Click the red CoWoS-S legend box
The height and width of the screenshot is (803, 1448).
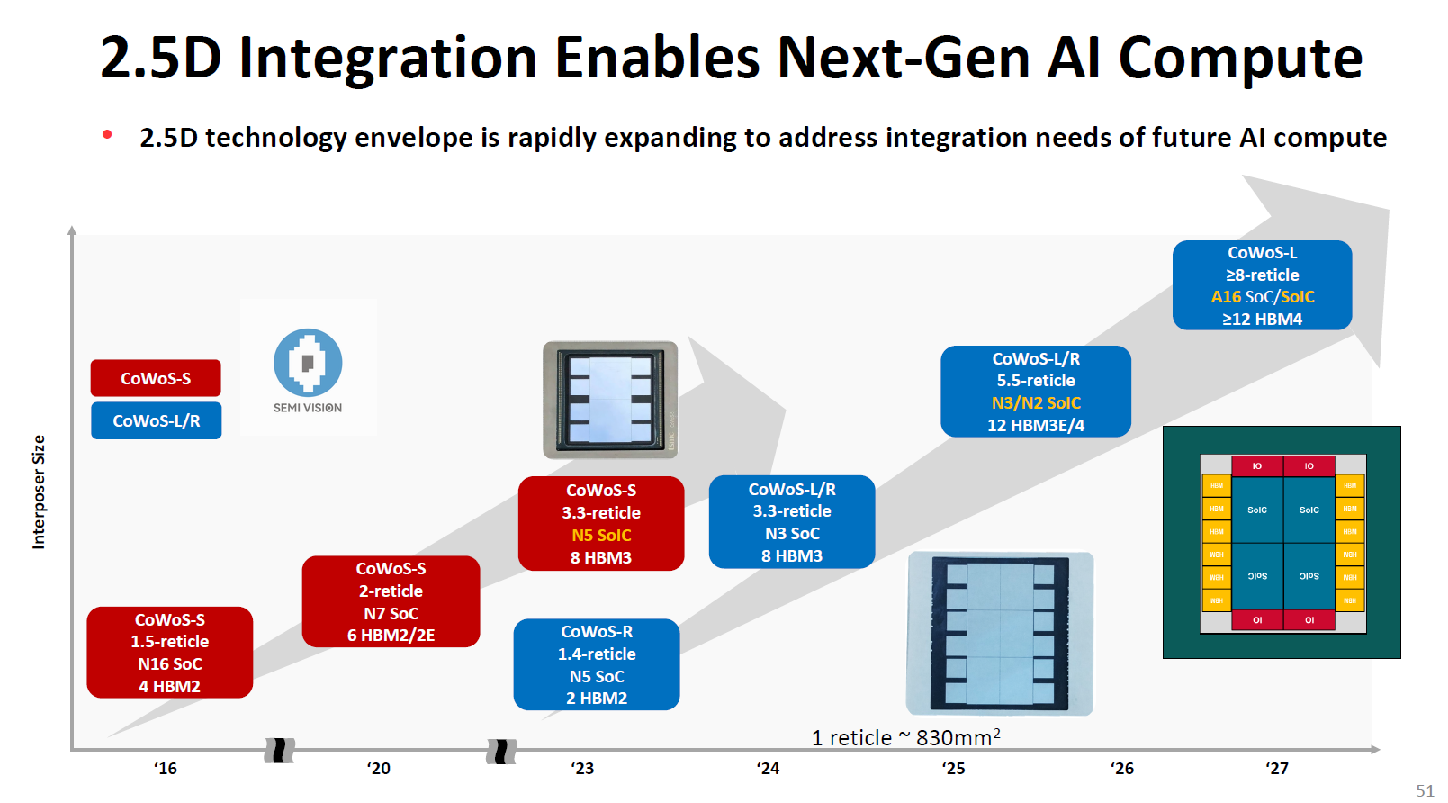pos(156,378)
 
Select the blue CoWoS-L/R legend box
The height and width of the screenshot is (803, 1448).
pos(156,420)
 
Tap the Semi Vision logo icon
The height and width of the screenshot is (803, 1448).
pos(308,363)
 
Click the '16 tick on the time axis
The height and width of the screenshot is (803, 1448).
pos(166,768)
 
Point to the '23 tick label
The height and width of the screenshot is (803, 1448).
pos(582,768)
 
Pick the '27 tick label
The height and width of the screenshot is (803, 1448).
pos(1277,768)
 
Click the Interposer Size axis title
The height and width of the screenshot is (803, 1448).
pos(39,492)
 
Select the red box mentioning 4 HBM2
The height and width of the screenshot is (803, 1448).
pos(169,653)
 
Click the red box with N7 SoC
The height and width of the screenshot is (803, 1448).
pos(391,601)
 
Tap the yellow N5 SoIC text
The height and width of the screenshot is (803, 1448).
pos(601,535)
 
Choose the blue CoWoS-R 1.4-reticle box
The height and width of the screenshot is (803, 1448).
pos(596,664)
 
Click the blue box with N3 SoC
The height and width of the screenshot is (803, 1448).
pos(792,522)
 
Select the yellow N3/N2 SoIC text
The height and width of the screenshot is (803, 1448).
pos(1036,402)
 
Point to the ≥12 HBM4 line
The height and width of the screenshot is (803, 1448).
pos(1262,319)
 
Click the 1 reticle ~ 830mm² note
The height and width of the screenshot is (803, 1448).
pos(905,737)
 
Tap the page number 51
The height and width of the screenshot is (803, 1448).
pos(1425,790)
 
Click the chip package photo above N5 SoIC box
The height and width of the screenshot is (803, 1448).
pos(610,400)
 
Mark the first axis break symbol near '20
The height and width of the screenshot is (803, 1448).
pos(280,750)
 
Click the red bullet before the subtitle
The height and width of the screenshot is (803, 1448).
pos(108,135)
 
